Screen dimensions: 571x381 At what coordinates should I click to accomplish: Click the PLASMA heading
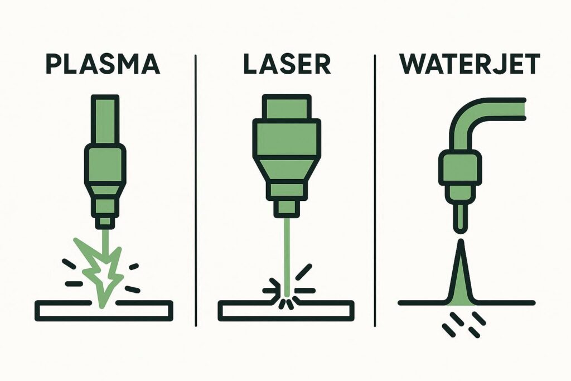point(103,64)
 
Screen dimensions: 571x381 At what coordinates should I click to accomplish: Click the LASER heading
point(287,64)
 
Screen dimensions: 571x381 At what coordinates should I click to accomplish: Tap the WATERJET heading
point(470,64)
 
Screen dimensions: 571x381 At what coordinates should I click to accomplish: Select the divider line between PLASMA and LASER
point(196,190)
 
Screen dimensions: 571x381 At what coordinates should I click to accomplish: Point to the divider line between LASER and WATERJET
point(375,190)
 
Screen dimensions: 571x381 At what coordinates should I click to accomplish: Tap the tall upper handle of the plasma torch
point(105,119)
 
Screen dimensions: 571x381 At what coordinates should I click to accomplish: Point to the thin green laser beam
point(287,257)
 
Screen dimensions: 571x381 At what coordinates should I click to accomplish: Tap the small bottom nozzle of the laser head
point(287,208)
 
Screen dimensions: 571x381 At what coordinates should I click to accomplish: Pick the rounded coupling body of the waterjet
point(460,168)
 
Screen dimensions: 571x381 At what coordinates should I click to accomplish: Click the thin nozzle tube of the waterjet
point(460,219)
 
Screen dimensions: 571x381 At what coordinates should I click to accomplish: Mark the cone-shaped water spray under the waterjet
point(461,277)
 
